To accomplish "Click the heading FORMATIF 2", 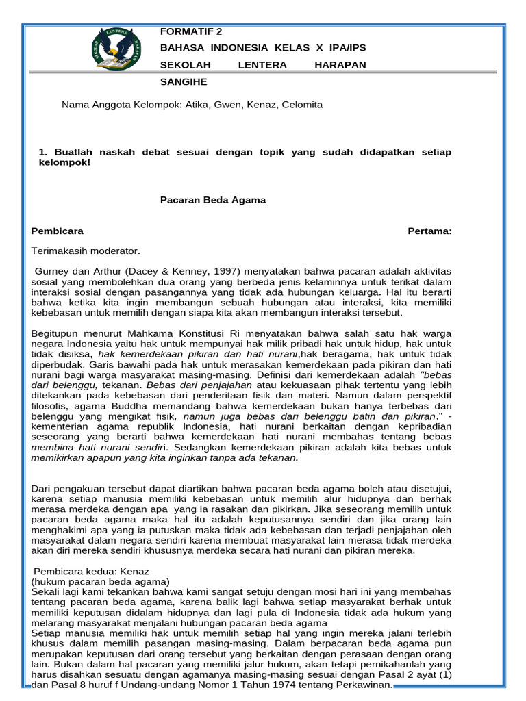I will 191,31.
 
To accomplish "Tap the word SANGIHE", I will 184,81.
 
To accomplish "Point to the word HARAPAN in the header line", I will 340,64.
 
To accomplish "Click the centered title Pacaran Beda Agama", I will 213,200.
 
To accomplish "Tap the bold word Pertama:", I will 429,231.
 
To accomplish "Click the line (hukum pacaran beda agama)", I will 100,581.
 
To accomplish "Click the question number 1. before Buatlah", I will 42,152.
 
